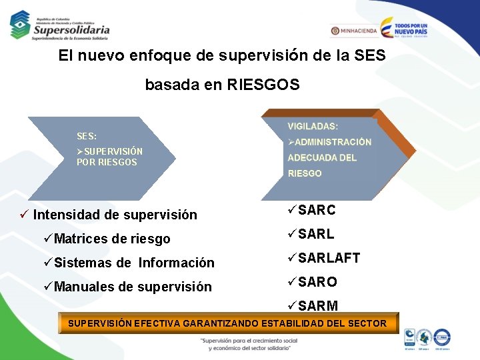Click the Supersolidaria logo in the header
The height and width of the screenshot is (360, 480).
pos(59,25)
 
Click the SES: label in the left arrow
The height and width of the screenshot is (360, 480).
pos(87,136)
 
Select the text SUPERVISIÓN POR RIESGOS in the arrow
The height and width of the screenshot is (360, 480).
pos(109,157)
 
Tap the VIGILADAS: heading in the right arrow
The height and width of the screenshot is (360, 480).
pos(313,126)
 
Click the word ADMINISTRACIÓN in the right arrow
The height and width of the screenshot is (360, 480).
pos(333,142)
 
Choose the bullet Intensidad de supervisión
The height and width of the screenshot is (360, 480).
pos(115,215)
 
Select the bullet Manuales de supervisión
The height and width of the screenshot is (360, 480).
pos(133,287)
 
